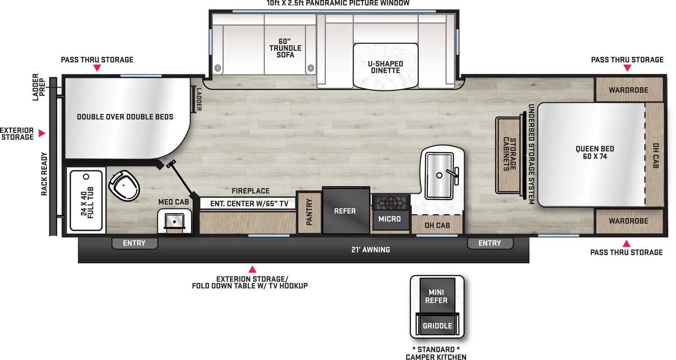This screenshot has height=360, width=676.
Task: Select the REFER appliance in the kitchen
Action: [x=345, y=211]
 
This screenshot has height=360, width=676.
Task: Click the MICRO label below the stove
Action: [x=390, y=219]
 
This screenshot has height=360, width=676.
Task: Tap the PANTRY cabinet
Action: [x=309, y=212]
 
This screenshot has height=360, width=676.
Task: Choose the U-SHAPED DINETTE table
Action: [x=385, y=67]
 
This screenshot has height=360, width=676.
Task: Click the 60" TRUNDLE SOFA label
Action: [x=285, y=48]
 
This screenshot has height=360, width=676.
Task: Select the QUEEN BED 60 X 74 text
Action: [x=594, y=153]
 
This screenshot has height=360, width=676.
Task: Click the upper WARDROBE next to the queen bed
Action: [x=628, y=90]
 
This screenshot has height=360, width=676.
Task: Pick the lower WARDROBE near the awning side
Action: [x=628, y=221]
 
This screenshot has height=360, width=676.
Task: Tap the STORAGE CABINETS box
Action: [x=509, y=154]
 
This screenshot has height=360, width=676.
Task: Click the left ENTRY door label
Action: [x=134, y=243]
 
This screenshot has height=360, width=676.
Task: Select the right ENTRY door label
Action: [x=489, y=243]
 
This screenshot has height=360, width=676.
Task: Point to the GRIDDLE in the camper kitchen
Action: [x=437, y=326]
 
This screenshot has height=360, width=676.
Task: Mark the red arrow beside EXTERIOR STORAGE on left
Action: [x=42, y=133]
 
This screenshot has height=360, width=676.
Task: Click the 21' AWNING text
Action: [x=371, y=250]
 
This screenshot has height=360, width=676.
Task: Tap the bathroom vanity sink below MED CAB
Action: [x=174, y=221]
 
